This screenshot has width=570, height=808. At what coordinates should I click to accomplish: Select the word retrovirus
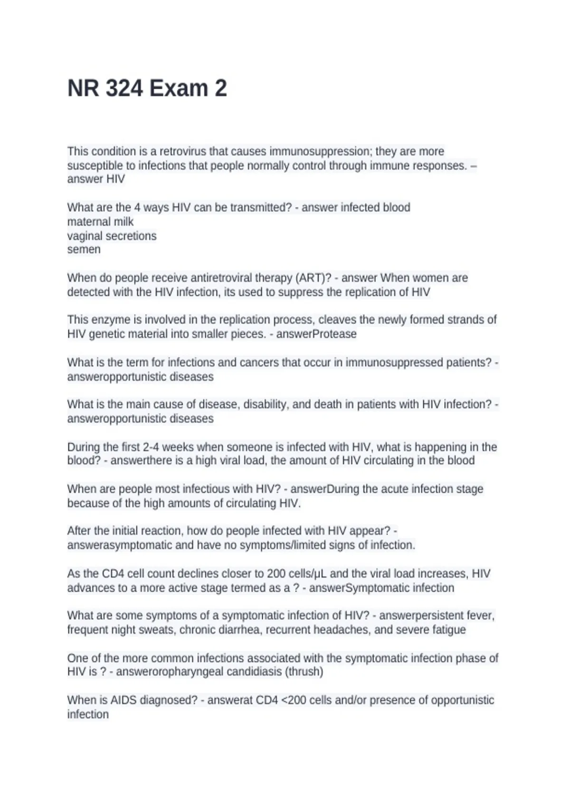[x=183, y=151]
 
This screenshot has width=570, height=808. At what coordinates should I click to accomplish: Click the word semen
[x=84, y=249]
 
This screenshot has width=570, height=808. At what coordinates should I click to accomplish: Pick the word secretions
[x=128, y=236]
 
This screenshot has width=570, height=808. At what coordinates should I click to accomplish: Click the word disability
[x=266, y=404]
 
